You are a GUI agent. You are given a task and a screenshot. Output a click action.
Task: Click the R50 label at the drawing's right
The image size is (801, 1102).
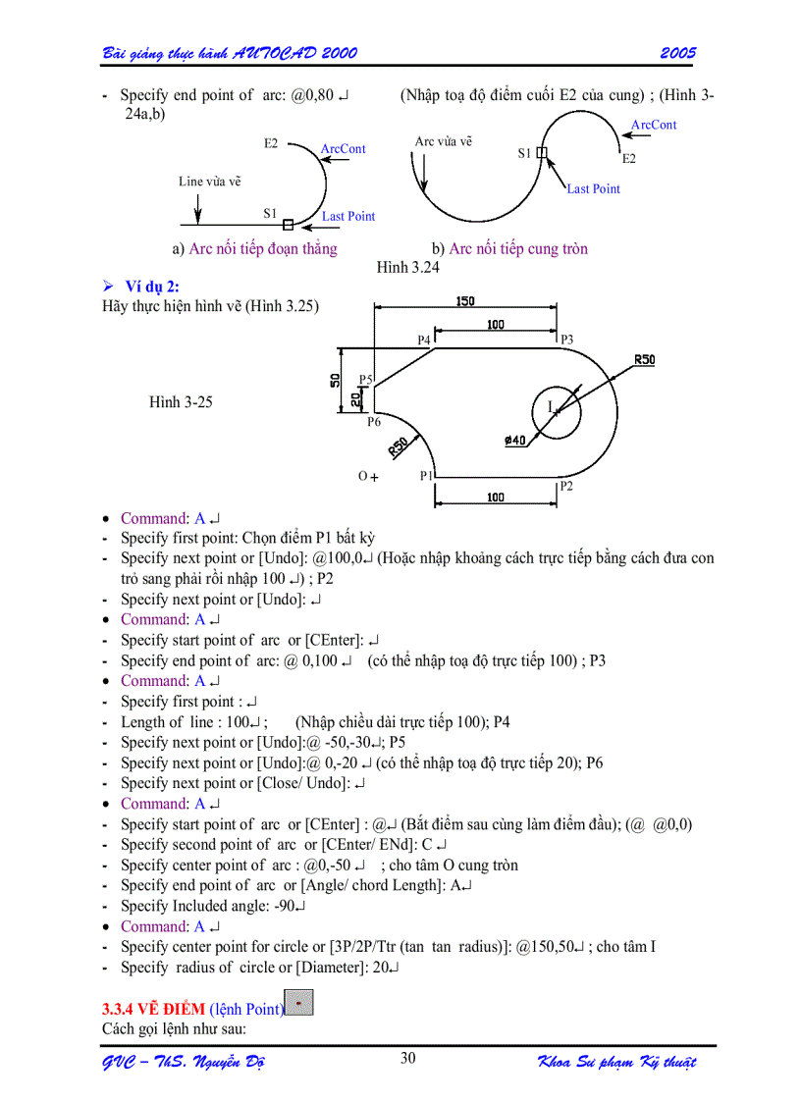644,359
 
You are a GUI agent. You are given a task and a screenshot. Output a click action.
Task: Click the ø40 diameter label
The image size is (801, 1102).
515,440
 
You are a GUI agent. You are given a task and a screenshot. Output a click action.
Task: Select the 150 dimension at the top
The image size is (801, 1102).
465,301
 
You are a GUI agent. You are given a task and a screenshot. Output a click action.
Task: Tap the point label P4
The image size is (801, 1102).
424,340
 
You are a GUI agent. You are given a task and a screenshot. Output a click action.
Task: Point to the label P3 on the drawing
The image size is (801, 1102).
566,340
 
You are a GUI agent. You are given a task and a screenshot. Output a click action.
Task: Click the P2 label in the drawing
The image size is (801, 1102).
566,485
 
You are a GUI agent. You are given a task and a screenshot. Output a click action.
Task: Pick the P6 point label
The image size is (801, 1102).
374,422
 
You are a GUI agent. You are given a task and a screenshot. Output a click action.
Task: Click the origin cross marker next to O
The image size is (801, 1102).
374,477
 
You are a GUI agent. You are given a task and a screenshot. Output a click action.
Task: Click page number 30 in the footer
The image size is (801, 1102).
408,1057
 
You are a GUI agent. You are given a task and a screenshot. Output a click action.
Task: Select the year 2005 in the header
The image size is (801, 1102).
677,52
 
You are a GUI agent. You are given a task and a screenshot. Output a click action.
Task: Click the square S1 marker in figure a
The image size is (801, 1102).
288,225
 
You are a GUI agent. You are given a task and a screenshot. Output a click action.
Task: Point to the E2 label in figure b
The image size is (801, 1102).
629,158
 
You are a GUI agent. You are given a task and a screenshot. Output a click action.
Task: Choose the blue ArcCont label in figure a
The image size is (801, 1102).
343,149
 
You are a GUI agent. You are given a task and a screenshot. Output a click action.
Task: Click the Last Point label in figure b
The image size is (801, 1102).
593,188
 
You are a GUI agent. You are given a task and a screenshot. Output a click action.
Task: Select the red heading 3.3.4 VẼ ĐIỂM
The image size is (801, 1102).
154,1009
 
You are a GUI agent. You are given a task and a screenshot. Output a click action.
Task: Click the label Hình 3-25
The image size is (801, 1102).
181,401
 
